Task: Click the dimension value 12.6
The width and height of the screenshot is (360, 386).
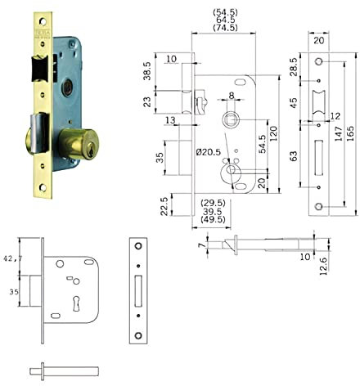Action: coord(326,266)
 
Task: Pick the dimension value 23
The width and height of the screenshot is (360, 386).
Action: coord(147,102)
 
